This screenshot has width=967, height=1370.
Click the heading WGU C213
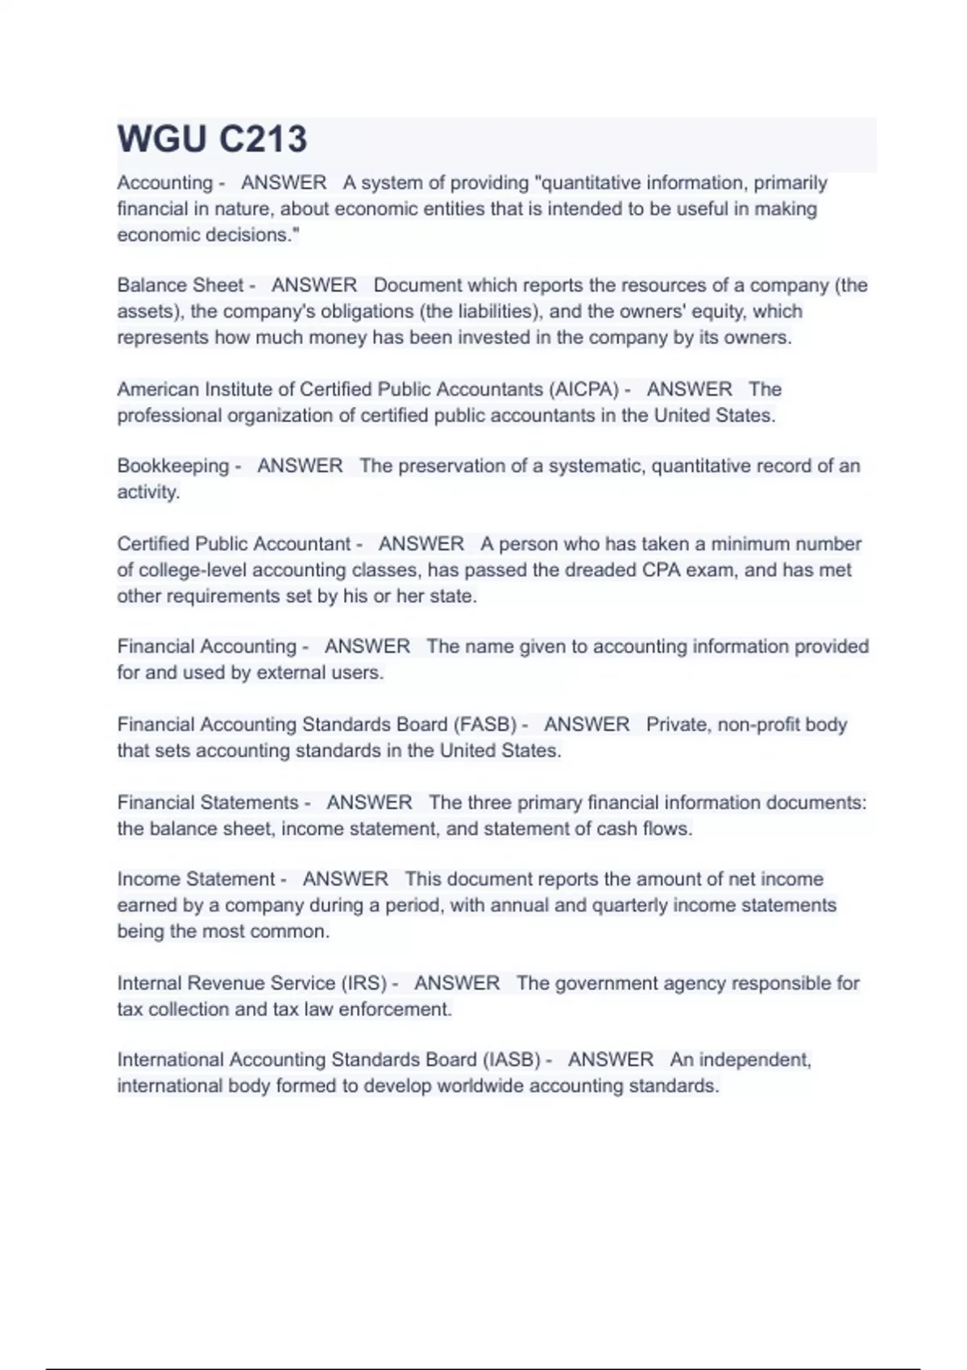tap(212, 139)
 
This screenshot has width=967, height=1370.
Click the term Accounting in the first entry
tap(164, 183)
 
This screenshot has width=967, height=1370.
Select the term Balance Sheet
tap(180, 285)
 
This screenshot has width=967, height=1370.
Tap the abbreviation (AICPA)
tap(583, 389)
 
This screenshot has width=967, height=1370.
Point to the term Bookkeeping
tap(172, 466)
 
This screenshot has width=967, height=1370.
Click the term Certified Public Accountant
tap(234, 544)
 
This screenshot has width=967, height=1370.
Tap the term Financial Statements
tap(208, 803)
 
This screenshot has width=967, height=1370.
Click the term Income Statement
tap(196, 879)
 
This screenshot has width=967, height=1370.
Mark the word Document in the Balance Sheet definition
tap(417, 285)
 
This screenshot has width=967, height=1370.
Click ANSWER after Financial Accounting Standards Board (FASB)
tap(587, 724)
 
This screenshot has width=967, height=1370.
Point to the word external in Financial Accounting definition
tap(288, 673)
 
